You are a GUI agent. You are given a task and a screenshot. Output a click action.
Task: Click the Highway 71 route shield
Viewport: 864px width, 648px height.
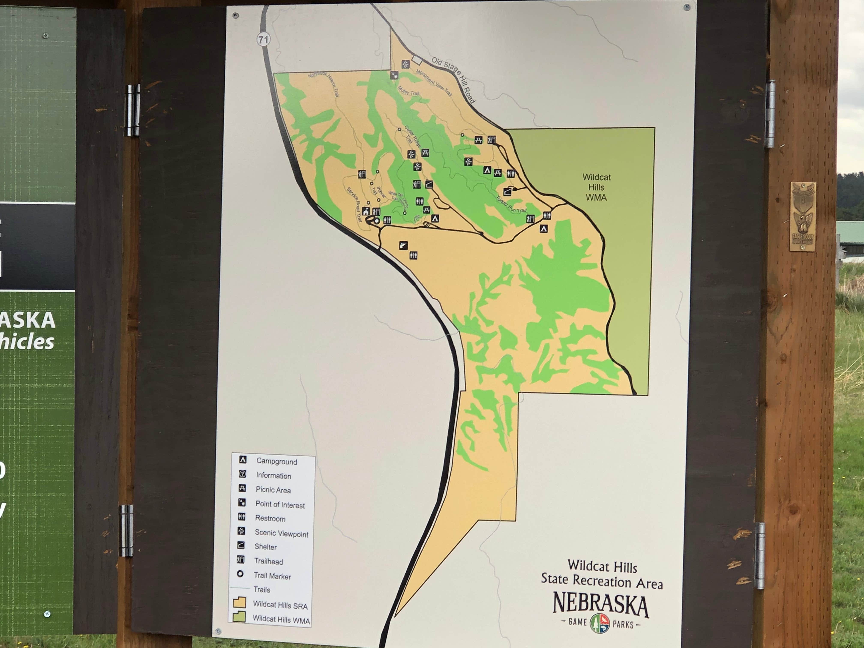tap(263, 39)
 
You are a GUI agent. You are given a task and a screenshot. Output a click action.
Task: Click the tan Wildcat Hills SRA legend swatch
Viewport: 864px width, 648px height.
tap(239, 603)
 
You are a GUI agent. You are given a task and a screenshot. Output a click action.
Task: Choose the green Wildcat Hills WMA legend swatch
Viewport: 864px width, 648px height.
tap(239, 617)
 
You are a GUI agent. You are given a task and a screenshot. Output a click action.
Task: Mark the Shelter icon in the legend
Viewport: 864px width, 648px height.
tap(241, 546)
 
